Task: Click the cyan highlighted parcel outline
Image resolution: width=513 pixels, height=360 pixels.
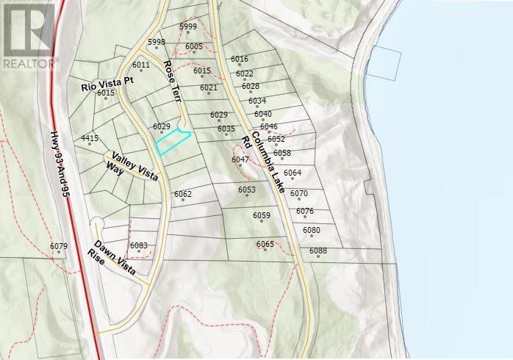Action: click(x=172, y=141)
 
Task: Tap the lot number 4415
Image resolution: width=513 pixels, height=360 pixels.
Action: click(x=90, y=138)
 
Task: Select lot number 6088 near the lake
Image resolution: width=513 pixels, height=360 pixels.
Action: click(x=318, y=251)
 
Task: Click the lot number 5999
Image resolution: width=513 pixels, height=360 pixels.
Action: click(x=188, y=26)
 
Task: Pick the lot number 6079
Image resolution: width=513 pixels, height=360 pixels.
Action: click(x=59, y=246)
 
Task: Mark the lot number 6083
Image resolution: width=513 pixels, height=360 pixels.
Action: click(x=139, y=245)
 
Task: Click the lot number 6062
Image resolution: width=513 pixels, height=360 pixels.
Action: click(x=183, y=194)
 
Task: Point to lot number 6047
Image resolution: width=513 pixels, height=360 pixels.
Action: click(x=240, y=159)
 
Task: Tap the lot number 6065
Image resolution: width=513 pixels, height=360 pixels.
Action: click(x=265, y=244)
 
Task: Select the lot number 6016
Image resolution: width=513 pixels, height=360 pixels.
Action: click(x=240, y=59)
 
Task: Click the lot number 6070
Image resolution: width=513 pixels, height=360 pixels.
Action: click(x=298, y=193)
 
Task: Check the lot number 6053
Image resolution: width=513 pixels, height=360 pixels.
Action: click(x=247, y=190)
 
